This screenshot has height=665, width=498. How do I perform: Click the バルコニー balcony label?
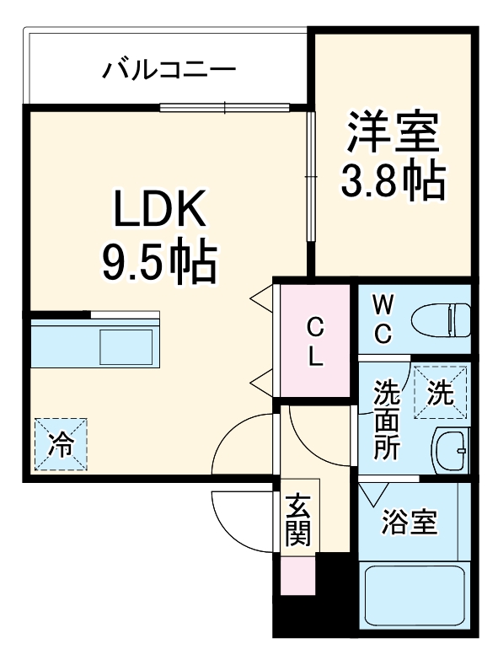coord(169,69)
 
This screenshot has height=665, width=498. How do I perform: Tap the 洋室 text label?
coord(393,134)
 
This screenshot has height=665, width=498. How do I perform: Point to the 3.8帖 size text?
coord(393,180)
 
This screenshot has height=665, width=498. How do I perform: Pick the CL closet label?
coord(314,341)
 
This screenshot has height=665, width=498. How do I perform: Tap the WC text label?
coord(383,319)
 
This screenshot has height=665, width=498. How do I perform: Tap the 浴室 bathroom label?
coord(409,523)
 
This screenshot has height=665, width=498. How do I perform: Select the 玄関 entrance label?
coord(297,521)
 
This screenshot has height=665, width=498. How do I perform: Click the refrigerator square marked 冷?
coord(60,444)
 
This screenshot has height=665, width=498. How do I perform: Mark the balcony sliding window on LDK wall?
coord(226,106)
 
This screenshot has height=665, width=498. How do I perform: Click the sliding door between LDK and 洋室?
coord(309,177)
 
